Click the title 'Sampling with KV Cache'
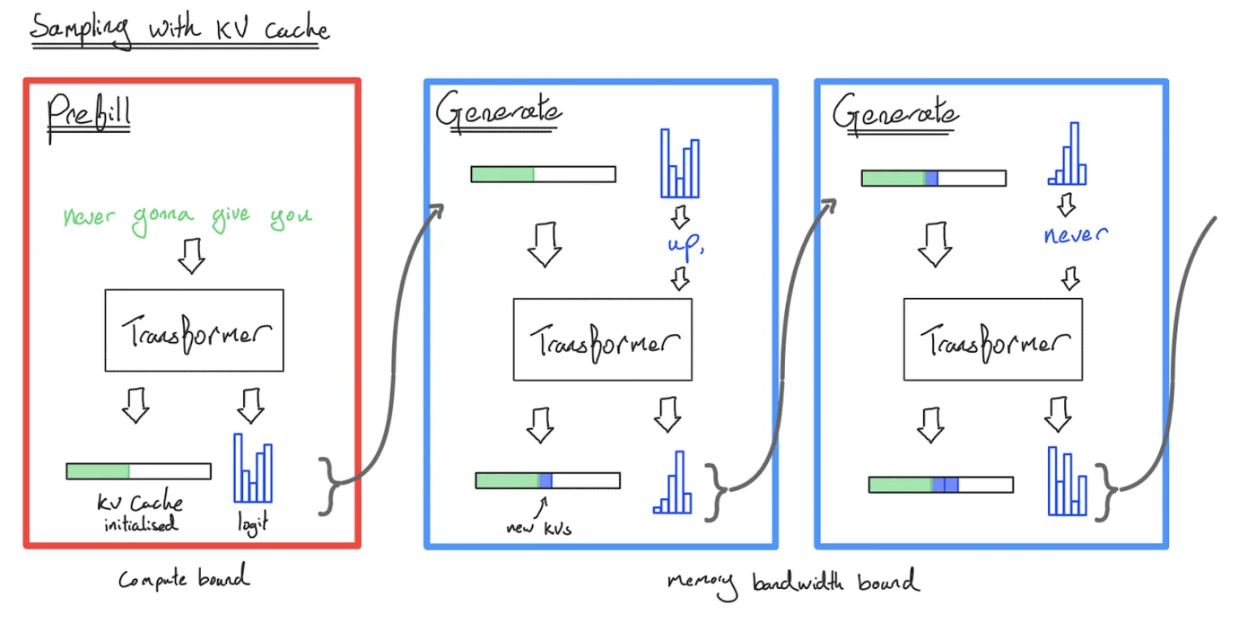click(x=179, y=30)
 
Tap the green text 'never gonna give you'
click(x=188, y=218)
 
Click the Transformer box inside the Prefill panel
click(x=194, y=330)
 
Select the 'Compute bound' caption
click(x=184, y=579)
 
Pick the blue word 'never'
click(x=1076, y=235)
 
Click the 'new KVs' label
click(x=538, y=528)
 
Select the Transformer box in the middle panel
click(x=602, y=340)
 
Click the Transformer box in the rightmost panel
click(x=992, y=340)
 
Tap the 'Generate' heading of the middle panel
click(x=499, y=113)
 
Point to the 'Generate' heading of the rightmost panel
click(x=894, y=114)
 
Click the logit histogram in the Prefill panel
click(x=252, y=468)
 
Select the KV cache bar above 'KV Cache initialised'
click(x=138, y=471)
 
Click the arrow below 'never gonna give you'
click(x=191, y=257)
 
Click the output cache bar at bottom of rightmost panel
click(x=940, y=485)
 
